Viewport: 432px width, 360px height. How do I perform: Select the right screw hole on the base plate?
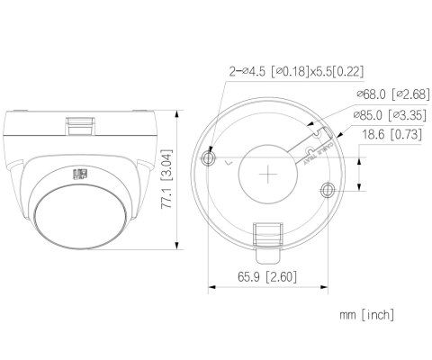(x=327, y=189)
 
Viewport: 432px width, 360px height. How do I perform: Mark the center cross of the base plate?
(x=267, y=174)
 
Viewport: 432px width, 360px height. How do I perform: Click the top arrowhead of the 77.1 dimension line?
(x=177, y=113)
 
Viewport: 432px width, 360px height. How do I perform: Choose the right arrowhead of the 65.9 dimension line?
(x=325, y=289)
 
